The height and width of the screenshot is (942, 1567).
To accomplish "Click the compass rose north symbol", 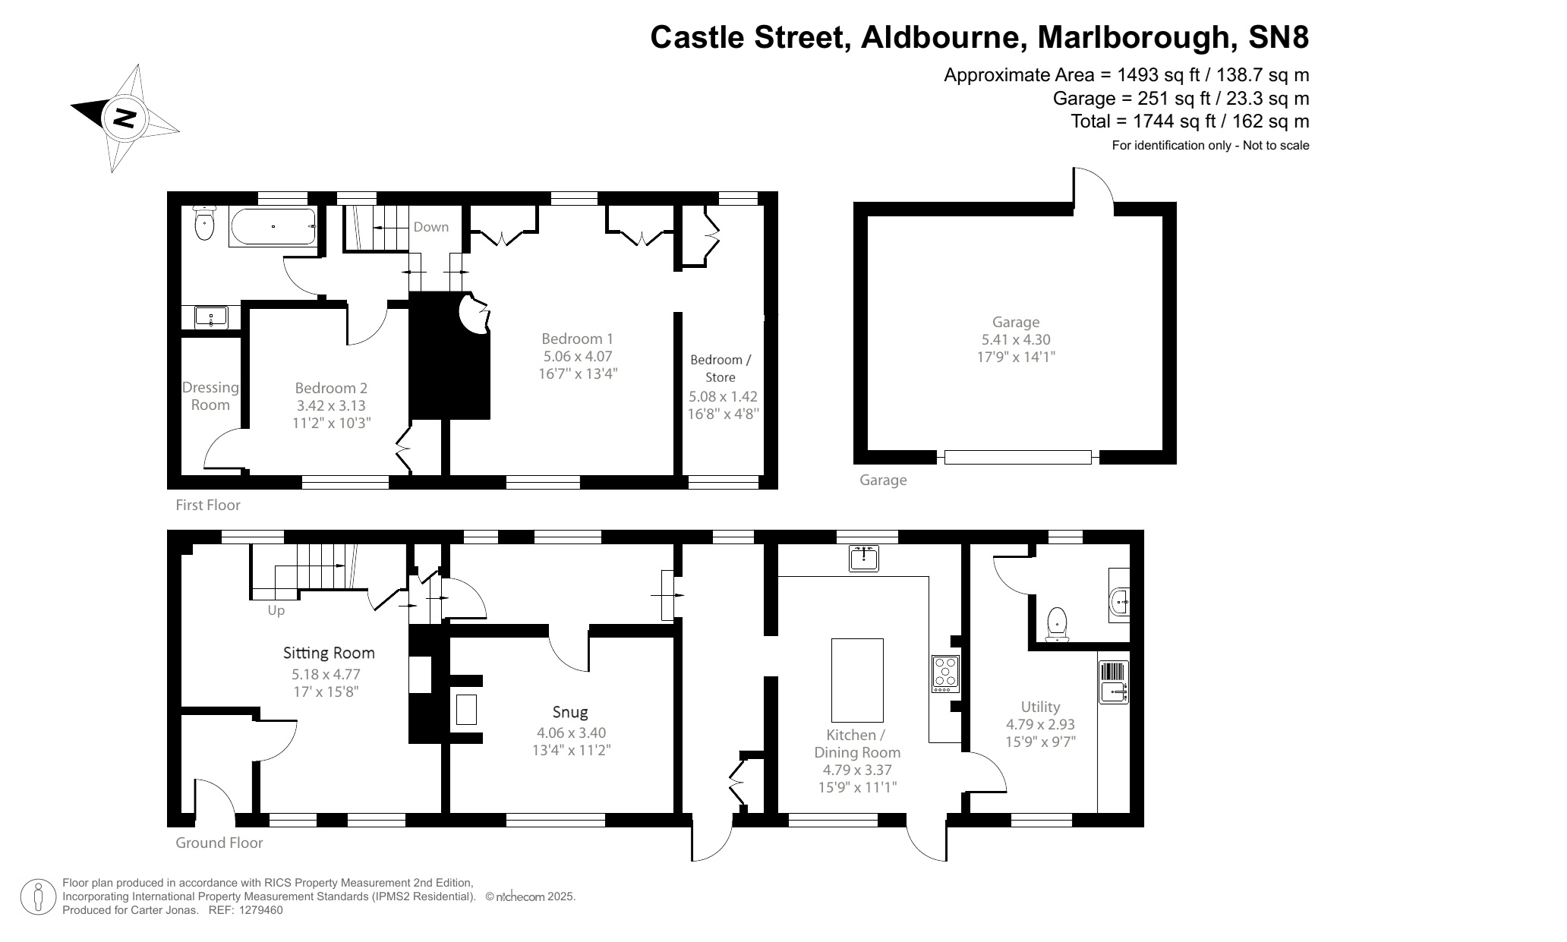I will (x=125, y=118).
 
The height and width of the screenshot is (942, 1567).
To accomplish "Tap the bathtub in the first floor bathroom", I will (x=273, y=226).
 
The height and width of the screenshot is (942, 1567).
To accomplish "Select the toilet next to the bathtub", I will (x=204, y=222).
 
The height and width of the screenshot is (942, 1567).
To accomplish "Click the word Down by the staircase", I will (x=430, y=227).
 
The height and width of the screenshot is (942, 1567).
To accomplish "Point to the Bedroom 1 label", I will (x=577, y=339).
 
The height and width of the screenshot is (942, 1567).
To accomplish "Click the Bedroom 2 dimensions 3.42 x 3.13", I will (x=331, y=406).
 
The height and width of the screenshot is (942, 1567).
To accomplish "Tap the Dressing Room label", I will (x=210, y=396).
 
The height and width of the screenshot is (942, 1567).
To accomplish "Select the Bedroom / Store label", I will (x=720, y=368).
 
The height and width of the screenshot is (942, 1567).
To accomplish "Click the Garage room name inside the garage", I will (x=1015, y=322).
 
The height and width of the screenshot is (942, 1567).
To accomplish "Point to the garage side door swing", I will (x=1093, y=187).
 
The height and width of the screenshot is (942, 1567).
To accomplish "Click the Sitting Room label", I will (x=329, y=653).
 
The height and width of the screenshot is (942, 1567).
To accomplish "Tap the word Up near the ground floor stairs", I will (x=276, y=610).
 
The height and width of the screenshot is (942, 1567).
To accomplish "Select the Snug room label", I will (x=570, y=712).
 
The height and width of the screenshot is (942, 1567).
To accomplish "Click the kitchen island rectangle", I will (x=857, y=680).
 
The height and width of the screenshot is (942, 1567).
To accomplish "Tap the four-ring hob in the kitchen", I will (x=945, y=673).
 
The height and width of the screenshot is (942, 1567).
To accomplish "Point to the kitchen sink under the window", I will (x=864, y=558).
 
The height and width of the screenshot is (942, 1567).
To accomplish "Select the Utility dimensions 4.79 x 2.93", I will (x=1040, y=724).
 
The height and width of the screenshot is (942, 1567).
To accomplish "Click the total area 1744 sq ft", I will (x=1190, y=121).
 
